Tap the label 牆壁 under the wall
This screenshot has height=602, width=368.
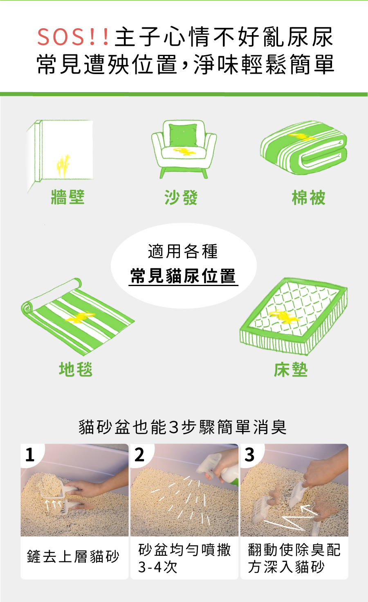[68, 197]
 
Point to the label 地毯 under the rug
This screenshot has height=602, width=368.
[76, 369]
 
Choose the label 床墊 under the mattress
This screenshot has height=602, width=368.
[291, 370]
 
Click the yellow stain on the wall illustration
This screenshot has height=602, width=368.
[63, 164]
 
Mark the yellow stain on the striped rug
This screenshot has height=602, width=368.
[81, 317]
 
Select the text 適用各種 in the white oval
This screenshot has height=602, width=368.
[183, 251]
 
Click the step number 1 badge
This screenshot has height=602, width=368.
[30, 455]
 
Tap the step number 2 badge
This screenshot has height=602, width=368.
[139, 455]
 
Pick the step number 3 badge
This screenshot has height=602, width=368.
[249, 455]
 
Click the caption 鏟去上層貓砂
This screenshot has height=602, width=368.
[73, 557]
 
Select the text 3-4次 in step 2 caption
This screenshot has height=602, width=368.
[158, 567]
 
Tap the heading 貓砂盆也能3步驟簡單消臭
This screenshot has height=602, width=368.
[183, 427]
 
